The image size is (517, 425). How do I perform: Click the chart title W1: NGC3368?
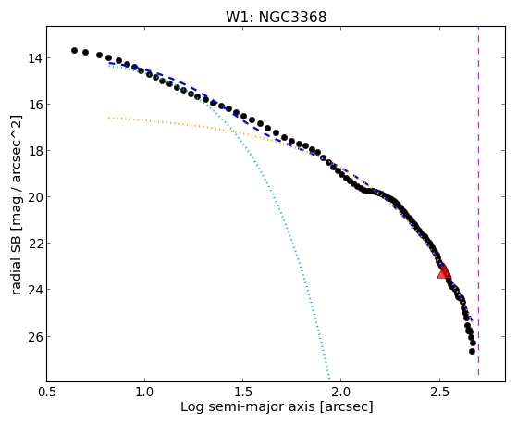[x=276, y=17]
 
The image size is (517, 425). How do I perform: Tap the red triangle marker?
[x=444, y=272]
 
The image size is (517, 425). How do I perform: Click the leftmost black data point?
[x=74, y=51]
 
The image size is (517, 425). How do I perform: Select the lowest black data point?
[x=473, y=351]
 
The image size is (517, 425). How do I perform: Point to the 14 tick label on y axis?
[x=34, y=58]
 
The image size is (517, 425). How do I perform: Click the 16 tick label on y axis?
[x=34, y=105]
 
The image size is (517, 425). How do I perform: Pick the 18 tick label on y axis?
[x=34, y=151]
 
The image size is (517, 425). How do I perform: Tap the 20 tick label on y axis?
[x=34, y=197]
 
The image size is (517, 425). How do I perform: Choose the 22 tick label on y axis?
[x=34, y=244]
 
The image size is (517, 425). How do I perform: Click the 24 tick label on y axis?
[x=34, y=290]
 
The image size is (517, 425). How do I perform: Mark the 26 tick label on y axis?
[x=34, y=336]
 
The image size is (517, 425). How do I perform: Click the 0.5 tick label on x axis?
[x=46, y=392]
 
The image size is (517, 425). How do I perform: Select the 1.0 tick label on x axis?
[x=144, y=392]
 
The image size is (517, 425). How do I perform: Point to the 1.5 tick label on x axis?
[x=242, y=392]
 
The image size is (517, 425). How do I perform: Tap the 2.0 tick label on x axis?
[x=341, y=392]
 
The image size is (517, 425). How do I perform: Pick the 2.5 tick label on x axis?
[x=439, y=392]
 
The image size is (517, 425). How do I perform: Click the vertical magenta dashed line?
[x=478, y=201]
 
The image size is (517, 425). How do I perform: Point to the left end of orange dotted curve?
[x=109, y=118]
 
